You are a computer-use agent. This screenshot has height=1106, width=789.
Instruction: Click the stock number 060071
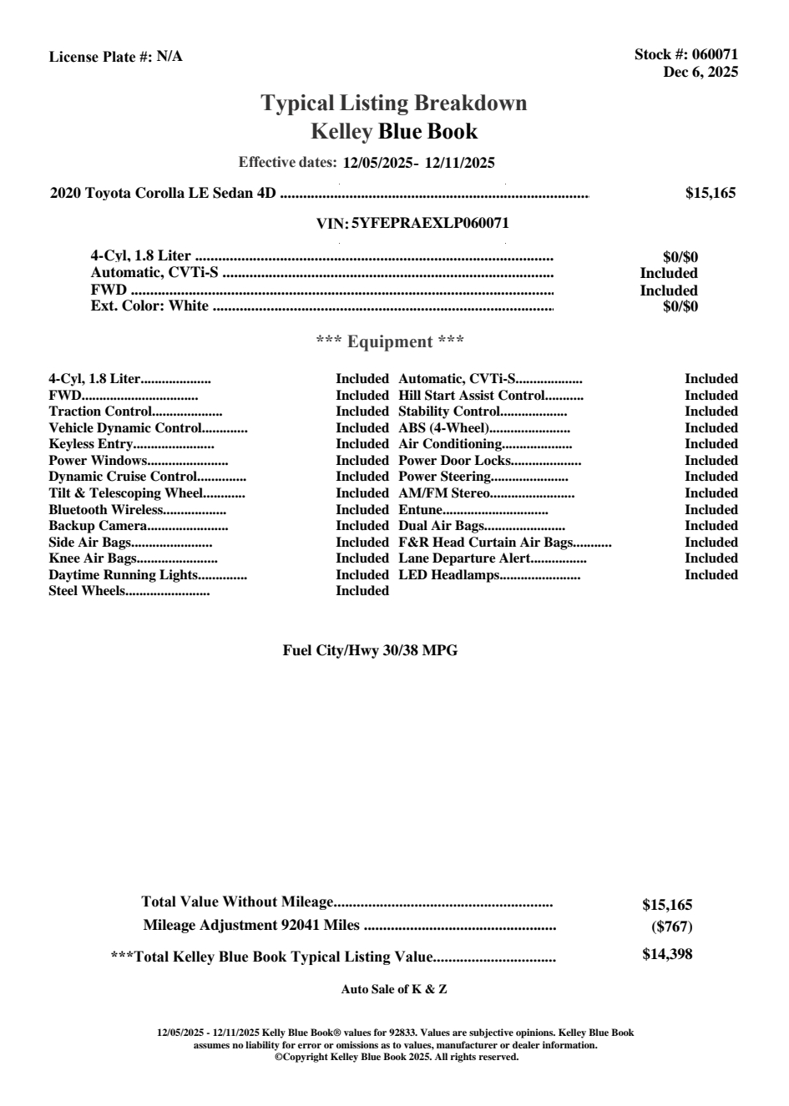[x=715, y=55]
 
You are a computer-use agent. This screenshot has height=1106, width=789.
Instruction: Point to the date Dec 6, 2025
[x=700, y=72]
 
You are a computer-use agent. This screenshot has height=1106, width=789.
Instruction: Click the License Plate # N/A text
[x=115, y=57]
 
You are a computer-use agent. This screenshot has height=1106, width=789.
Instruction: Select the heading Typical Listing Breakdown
[x=394, y=104]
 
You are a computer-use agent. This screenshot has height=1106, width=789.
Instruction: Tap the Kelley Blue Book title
[x=394, y=131]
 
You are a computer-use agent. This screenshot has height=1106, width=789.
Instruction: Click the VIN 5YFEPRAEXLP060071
[x=430, y=223]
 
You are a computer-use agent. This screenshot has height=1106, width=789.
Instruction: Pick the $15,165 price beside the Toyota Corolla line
[x=710, y=194]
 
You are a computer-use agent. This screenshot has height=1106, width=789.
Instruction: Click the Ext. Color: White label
[x=149, y=306]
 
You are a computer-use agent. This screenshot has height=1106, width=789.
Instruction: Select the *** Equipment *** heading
[x=390, y=341]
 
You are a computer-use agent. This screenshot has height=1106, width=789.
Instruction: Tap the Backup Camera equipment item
[x=98, y=526]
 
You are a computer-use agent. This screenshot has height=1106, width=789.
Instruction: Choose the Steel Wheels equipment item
[x=87, y=591]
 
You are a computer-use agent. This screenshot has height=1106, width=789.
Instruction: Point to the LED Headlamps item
[x=449, y=575]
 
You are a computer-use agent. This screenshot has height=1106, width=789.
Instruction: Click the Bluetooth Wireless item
[x=106, y=510]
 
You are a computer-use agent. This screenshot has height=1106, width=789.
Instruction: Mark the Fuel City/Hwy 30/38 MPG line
[x=370, y=650]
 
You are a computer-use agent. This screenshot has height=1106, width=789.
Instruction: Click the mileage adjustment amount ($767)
[x=671, y=926]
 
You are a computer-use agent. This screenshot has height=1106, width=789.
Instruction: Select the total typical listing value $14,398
[x=667, y=954]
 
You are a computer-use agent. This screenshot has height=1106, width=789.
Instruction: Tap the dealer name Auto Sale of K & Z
[x=394, y=989]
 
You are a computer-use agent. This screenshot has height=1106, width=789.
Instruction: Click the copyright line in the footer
[x=397, y=1057]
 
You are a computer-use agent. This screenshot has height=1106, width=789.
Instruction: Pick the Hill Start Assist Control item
[x=472, y=396]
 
